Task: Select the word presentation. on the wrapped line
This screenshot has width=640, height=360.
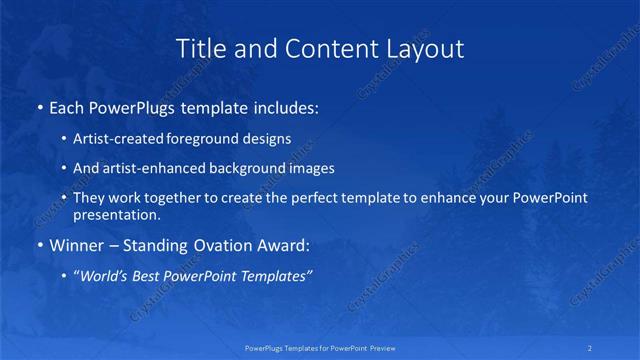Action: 117,214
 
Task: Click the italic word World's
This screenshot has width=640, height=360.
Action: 104,276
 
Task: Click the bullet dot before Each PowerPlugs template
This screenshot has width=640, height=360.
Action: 39,106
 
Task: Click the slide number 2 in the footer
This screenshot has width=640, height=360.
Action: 591,348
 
